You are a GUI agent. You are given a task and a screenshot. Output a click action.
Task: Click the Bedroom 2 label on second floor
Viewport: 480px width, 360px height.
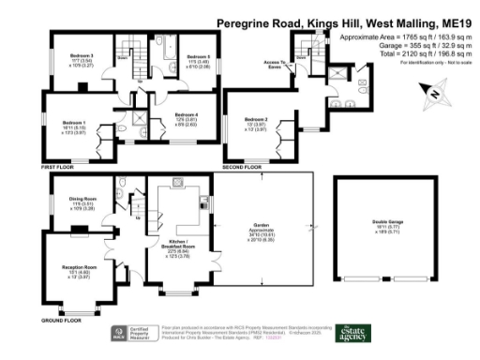256,121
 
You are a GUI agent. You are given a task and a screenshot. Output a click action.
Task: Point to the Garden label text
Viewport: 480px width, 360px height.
262,221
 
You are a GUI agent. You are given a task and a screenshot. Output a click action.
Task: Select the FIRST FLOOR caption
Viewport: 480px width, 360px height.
57,166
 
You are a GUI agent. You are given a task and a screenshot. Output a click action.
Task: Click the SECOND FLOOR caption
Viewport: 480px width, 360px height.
241,166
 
